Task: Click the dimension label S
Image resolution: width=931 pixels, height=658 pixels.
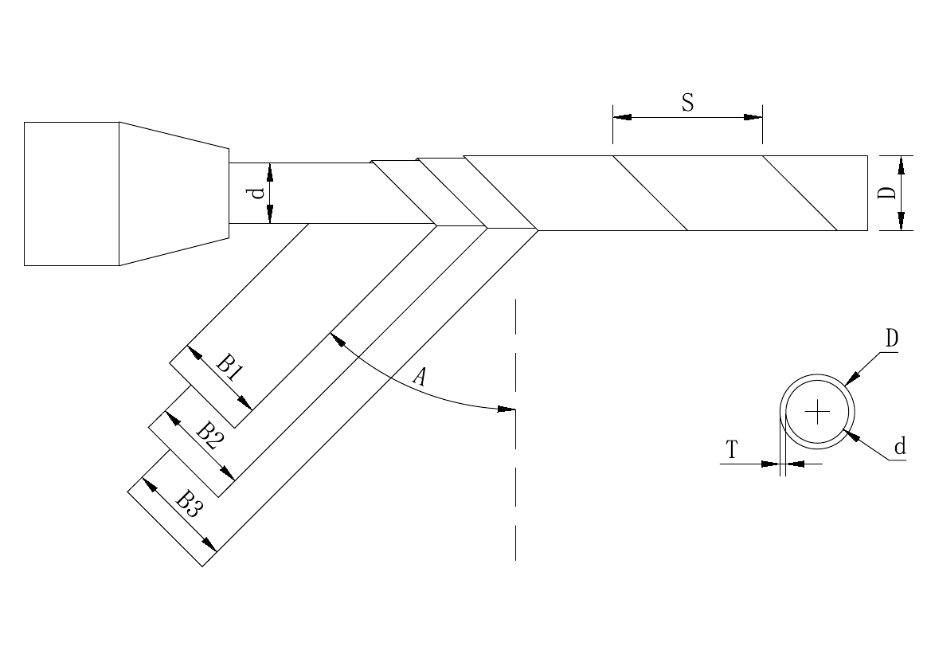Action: click(687, 103)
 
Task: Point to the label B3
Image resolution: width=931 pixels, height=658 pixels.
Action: click(189, 503)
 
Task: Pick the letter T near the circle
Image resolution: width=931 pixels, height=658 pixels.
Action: click(732, 452)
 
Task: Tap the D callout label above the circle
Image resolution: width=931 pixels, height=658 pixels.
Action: click(892, 339)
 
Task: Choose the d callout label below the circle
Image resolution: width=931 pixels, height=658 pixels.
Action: click(900, 447)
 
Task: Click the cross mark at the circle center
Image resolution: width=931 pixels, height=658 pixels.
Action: click(817, 412)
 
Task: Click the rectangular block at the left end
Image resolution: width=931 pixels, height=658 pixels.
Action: click(72, 194)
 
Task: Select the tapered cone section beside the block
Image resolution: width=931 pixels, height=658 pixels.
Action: click(174, 194)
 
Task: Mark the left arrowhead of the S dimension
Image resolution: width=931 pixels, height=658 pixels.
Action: click(622, 117)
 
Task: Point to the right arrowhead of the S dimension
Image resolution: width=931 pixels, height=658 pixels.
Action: click(753, 117)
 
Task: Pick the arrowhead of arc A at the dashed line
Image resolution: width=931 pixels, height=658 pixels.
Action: click(507, 409)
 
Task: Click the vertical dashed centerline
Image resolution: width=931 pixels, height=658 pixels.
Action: click(516, 478)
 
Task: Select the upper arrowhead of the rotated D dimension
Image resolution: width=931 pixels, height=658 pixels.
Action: click(901, 164)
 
